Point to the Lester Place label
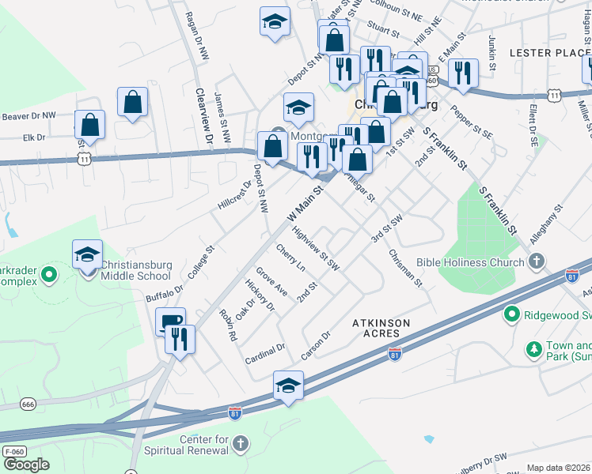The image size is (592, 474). click(x=545, y=53)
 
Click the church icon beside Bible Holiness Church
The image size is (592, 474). click(x=537, y=261)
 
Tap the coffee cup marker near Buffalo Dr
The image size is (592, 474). click(x=170, y=321)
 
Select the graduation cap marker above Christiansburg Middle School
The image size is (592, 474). click(x=87, y=254)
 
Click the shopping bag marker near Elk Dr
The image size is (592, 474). click(x=90, y=124)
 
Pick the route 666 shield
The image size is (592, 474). click(x=28, y=404)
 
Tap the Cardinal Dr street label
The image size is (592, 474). click(x=264, y=351)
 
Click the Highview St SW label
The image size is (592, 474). click(x=316, y=250)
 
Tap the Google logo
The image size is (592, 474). click(x=25, y=465)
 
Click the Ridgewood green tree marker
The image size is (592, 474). click(x=511, y=315)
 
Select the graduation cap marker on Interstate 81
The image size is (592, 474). click(x=288, y=385)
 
